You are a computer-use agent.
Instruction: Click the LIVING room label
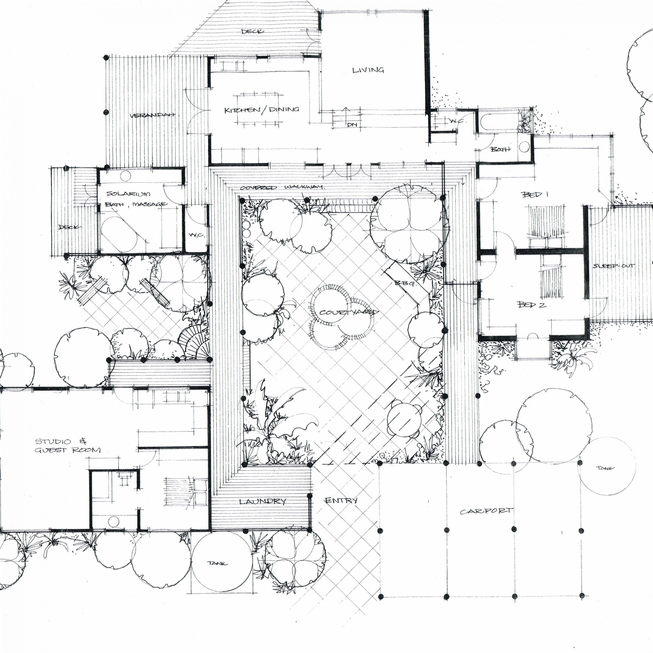368,70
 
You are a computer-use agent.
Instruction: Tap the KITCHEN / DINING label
262,110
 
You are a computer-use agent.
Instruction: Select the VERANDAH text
152,115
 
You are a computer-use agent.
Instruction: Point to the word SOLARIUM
128,194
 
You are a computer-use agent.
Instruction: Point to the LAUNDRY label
263,501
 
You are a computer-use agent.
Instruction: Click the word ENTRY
341,500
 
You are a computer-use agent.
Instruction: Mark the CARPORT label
486,511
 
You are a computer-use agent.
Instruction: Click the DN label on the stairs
352,125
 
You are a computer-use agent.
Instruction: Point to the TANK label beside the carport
605,468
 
